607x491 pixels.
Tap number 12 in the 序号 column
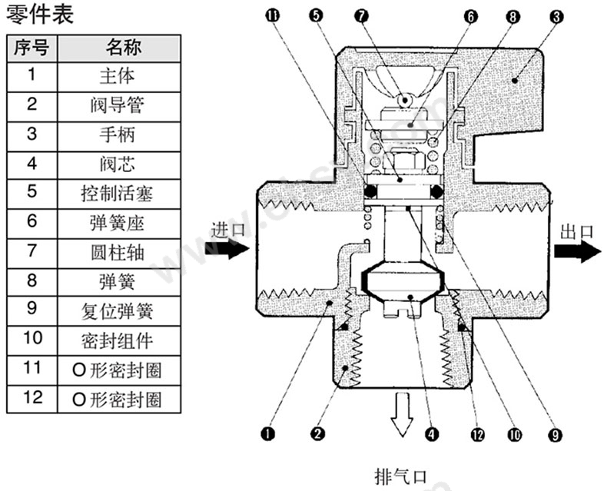pyautogui.click(x=32, y=398)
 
